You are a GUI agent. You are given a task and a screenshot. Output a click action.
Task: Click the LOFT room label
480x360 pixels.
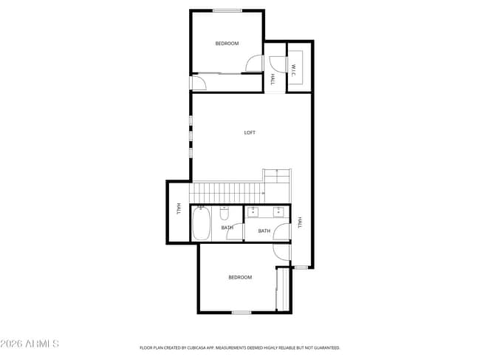pyautogui.click(x=250, y=133)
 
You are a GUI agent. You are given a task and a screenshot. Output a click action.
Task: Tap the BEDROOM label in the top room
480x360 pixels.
pyautogui.click(x=227, y=44)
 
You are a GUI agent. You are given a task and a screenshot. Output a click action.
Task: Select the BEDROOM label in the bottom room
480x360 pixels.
pyautogui.click(x=240, y=277)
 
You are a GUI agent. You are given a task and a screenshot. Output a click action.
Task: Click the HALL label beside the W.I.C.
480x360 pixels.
pyautogui.click(x=272, y=78)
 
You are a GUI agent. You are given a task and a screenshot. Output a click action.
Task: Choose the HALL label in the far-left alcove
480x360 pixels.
pyautogui.click(x=179, y=210)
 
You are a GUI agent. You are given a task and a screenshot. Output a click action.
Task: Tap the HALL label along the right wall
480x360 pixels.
pyautogui.click(x=300, y=222)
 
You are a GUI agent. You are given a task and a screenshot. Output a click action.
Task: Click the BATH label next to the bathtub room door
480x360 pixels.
pyautogui.click(x=227, y=228)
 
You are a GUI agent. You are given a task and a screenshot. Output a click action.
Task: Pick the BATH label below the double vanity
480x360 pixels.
pyautogui.click(x=264, y=231)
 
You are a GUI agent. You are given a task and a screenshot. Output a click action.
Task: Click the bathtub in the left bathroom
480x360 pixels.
pyautogui.click(x=202, y=223)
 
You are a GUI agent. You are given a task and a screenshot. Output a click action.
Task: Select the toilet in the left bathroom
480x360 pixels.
pyautogui.click(x=225, y=214)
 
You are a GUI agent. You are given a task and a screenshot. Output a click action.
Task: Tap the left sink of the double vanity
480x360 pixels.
pyautogui.click(x=251, y=213)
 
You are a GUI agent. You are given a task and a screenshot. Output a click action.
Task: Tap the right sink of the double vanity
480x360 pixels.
pyautogui.click(x=278, y=213)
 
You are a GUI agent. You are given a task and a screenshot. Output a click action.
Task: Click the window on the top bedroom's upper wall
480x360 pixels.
pyautogui.click(x=226, y=10)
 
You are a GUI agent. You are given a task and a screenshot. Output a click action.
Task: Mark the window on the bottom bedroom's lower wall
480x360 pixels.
pyautogui.click(x=241, y=313)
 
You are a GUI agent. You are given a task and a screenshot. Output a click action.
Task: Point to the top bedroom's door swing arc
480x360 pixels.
pyautogui.click(x=254, y=64)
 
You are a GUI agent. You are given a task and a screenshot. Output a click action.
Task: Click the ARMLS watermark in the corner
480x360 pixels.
pyautogui.click(x=30, y=344)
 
